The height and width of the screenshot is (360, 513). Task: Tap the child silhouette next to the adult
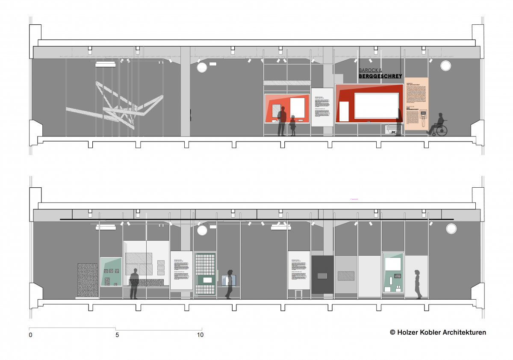293,126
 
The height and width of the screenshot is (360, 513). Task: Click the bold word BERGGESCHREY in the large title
380,76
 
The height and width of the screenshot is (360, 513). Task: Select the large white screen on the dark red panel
376,105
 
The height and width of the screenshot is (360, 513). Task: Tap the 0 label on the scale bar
30,335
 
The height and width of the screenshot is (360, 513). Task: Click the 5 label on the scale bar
117,335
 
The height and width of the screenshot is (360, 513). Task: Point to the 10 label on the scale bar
200,335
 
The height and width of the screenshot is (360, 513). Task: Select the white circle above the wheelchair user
445,66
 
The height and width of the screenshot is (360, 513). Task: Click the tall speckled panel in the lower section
88,280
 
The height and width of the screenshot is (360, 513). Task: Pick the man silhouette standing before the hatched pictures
134,283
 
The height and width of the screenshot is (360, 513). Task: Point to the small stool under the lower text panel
298,294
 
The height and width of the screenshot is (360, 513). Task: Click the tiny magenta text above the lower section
353,199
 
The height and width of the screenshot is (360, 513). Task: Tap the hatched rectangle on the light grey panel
346,276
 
